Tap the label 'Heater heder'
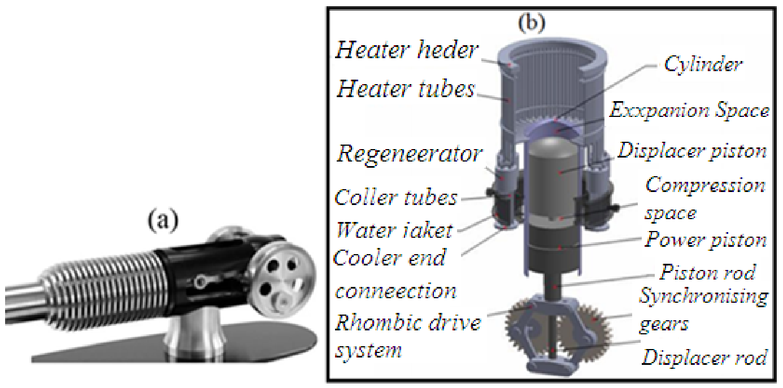click(x=407, y=50)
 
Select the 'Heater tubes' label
click(x=406, y=89)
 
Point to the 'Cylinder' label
click(x=703, y=64)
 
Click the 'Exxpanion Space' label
click(x=689, y=111)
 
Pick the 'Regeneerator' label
click(x=409, y=154)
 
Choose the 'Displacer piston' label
click(x=692, y=151)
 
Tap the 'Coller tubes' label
click(x=395, y=198)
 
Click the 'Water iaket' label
click(x=394, y=230)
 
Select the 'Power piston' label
click(x=706, y=240)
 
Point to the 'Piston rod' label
click(x=707, y=272)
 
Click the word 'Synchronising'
click(x=704, y=297)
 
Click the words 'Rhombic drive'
click(x=408, y=322)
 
